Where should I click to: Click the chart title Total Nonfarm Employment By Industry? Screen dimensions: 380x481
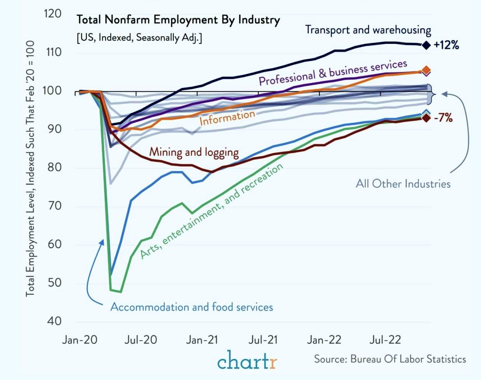coord(178,20)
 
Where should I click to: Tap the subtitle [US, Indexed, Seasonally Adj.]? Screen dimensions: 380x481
coord(139,37)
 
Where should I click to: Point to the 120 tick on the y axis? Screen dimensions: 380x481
coord(52,14)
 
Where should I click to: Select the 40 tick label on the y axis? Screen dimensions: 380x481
coord(54,321)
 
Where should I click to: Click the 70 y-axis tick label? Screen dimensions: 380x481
coord(54,206)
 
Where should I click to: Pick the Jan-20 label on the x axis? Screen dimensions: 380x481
coord(80,340)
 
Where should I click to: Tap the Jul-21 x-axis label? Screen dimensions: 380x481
coord(263,340)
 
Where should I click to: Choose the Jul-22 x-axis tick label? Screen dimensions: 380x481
coord(385,340)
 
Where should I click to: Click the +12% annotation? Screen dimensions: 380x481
coord(446,45)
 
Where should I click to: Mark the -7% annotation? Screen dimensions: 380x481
coord(443,118)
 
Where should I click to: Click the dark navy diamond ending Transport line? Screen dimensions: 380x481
coord(426,45)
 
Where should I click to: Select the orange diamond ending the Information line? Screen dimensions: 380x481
coord(426,70)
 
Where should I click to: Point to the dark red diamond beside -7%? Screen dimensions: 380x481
coord(426,118)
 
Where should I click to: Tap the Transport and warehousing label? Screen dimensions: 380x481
coord(368,30)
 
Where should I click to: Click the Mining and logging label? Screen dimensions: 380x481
coord(194,152)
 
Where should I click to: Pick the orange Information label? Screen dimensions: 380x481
coord(227,118)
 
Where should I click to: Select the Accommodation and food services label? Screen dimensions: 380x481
coord(192,307)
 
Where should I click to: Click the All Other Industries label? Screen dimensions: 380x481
coord(403,184)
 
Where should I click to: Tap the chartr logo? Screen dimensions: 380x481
coord(247,360)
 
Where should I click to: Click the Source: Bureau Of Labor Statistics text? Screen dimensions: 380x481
coord(390,359)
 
